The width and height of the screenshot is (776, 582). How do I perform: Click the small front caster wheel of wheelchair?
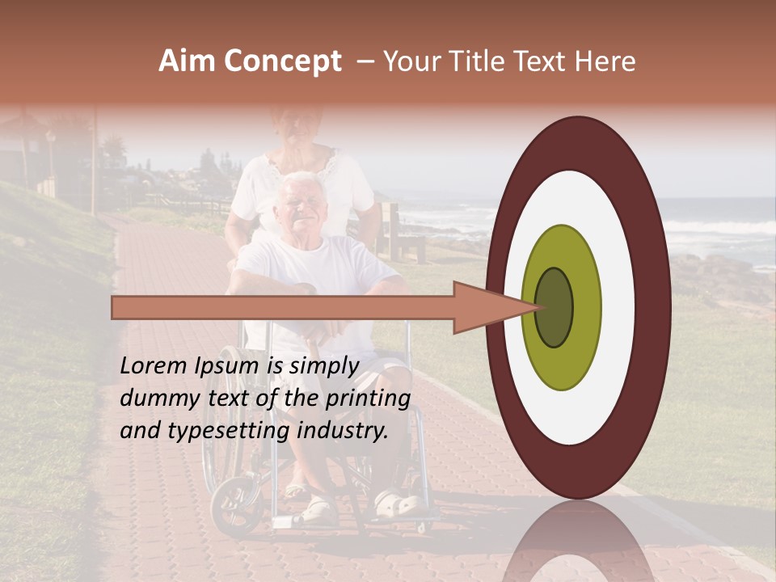234,506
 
